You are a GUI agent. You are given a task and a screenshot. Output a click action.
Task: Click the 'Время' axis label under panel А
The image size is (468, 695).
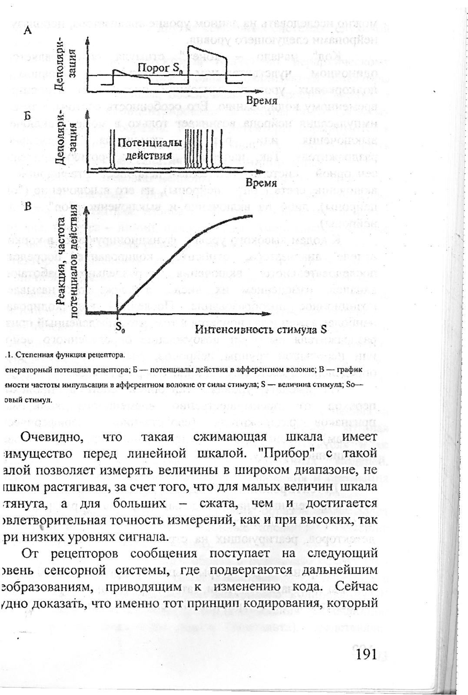(262, 101)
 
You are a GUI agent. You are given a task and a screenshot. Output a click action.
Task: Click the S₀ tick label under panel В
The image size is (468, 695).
(121, 329)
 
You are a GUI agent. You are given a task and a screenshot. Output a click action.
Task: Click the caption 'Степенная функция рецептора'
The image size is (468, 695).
(70, 355)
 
